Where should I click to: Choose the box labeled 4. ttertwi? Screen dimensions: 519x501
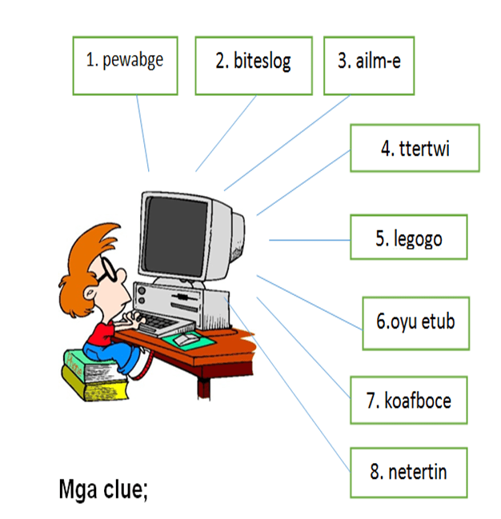pyautogui.click(x=415, y=148)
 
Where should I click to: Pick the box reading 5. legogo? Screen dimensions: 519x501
pyautogui.click(x=408, y=238)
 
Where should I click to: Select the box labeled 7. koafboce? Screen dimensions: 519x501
pyautogui.click(x=408, y=400)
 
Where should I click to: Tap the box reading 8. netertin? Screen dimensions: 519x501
pyautogui.click(x=408, y=472)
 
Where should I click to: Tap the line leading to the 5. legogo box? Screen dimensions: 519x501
pyautogui.click(x=309, y=239)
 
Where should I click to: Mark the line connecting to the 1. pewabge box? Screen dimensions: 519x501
pyautogui.click(x=142, y=132)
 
